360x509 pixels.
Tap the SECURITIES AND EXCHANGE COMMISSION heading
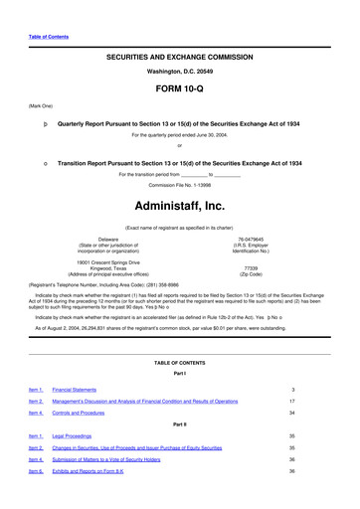(179, 58)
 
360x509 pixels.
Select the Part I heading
(179, 373)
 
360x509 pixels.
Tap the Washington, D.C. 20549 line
(179, 73)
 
